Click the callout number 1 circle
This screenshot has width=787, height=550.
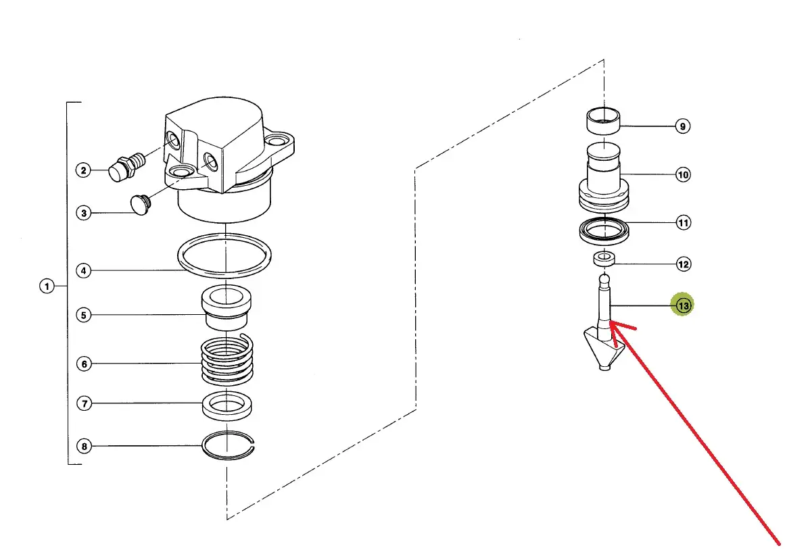[x=47, y=286]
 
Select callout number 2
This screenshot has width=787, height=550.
[x=84, y=170]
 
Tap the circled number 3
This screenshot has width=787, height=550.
[x=84, y=213]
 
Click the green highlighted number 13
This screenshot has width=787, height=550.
[x=683, y=305]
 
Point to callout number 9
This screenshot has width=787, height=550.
[x=683, y=126]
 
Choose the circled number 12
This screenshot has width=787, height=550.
[x=684, y=264]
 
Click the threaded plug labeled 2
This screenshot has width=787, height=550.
[x=126, y=166]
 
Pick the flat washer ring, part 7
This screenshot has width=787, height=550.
[x=227, y=406]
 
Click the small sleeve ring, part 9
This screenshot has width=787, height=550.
[x=603, y=121]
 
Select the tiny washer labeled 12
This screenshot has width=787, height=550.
[x=604, y=259]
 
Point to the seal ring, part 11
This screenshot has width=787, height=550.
[x=604, y=231]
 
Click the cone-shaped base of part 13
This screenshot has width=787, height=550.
[x=604, y=349]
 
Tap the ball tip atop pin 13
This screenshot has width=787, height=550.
[x=604, y=279]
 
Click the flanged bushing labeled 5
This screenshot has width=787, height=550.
[x=226, y=307]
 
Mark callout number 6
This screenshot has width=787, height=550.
[x=84, y=364]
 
